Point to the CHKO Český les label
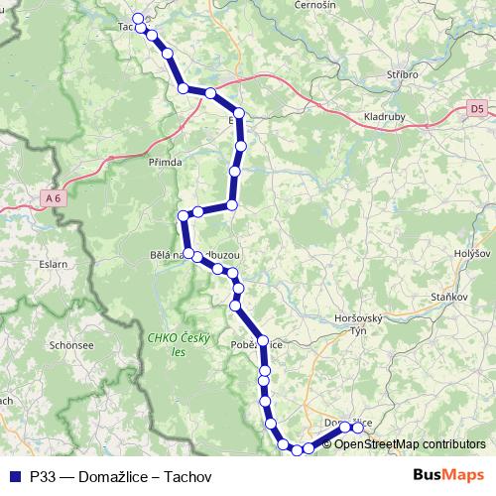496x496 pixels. click(180, 344)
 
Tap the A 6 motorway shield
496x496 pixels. click(52, 198)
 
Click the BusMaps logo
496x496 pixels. click(448, 475)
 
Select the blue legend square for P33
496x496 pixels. click(14, 476)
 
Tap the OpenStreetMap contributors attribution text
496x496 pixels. click(410, 444)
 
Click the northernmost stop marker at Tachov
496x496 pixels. click(138, 18)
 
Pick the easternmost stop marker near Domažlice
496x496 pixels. click(358, 429)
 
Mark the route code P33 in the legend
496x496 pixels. click(43, 476)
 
